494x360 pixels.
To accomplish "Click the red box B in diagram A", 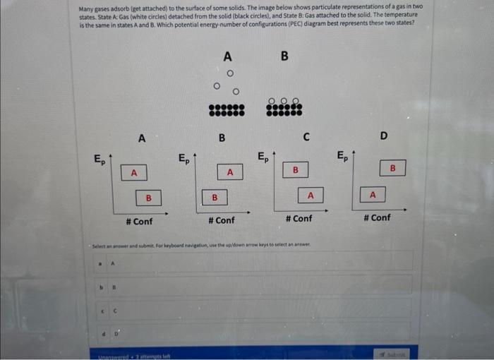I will point(148,198).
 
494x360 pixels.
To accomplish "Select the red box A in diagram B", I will point(229,172).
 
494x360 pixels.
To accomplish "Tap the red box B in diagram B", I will point(215,198).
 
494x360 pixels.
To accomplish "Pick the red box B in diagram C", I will point(296,170).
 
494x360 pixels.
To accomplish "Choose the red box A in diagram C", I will point(311,195).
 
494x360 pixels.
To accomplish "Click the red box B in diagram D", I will point(393,168).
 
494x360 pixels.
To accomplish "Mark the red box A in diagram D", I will point(373,194).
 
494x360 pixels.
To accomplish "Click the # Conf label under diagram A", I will point(139,221).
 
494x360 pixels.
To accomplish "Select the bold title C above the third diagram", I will point(306,136).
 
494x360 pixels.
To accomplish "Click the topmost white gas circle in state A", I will point(229,73).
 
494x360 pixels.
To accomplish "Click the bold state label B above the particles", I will point(284,56).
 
